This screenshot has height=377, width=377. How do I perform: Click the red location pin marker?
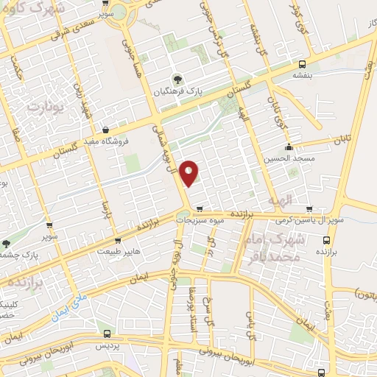189,172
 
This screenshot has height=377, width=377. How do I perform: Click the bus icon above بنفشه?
302,64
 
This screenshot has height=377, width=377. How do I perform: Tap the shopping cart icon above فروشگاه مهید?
108,128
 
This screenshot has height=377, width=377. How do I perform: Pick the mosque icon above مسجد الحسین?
290,147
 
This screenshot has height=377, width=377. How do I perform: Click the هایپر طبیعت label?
118,251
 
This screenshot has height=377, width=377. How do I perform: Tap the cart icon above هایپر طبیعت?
118,239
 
